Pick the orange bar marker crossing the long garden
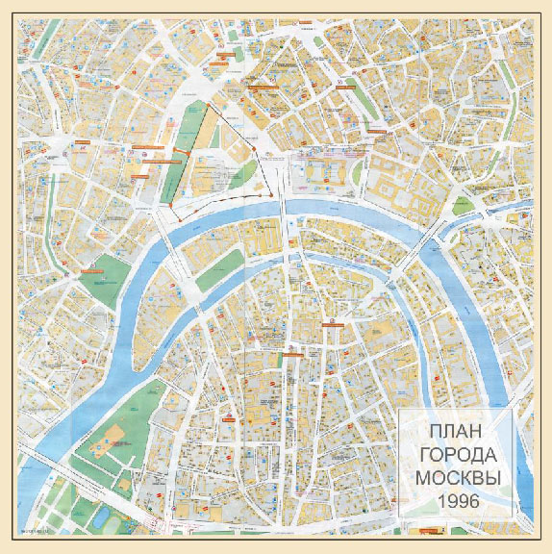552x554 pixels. pos(180,154)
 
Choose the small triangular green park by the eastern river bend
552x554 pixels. pos(467,206)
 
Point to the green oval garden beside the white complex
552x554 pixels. pos(357,174)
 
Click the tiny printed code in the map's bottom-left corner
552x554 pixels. pos(35,532)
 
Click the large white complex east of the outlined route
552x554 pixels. pos(324,173)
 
